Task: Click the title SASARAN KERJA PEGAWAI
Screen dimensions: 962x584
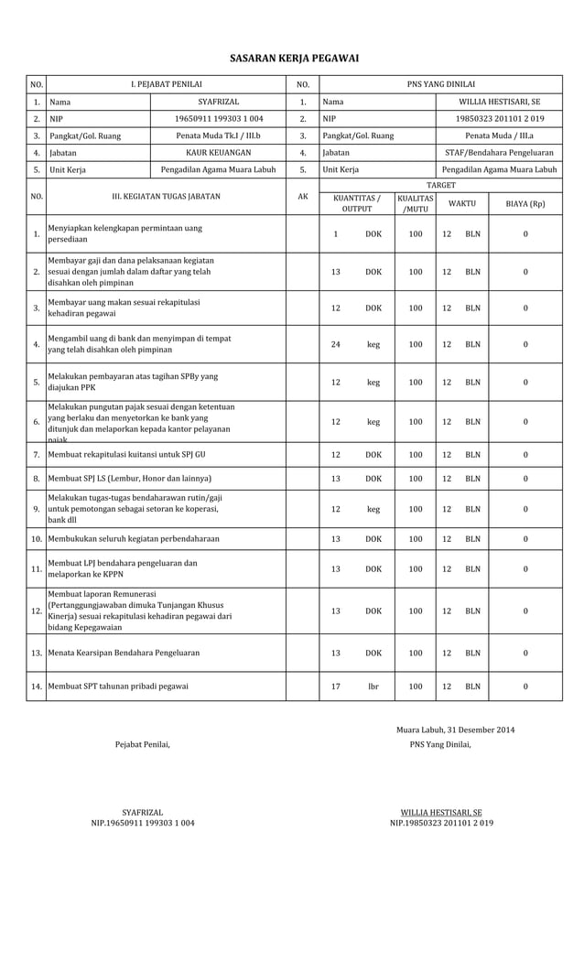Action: [x=293, y=59]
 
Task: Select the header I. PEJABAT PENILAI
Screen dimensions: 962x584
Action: [x=166, y=84]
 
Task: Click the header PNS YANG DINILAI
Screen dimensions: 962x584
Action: [x=440, y=84]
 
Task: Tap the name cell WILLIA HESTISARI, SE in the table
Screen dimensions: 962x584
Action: [x=499, y=103]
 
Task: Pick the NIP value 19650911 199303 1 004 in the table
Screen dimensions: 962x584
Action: [x=218, y=119]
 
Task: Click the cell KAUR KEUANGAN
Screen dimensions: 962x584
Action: [x=218, y=153]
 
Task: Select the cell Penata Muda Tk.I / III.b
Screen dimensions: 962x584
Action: [x=218, y=135]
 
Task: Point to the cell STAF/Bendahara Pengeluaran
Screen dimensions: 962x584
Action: [x=499, y=153]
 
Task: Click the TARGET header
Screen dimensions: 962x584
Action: [x=440, y=185]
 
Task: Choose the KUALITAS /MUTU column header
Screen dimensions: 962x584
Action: [x=416, y=203]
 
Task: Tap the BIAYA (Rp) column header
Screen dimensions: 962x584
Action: [x=525, y=203]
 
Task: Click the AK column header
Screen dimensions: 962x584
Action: [x=302, y=196]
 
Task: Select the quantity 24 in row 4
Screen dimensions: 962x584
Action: [x=336, y=345]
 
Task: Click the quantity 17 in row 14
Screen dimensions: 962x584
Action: [x=336, y=686]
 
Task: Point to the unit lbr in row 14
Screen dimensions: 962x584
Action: [x=373, y=686]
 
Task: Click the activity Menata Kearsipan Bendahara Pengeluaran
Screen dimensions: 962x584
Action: [x=124, y=653]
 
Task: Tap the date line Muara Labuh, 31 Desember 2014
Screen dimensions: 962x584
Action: [x=455, y=730]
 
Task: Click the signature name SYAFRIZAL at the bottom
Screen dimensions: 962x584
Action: [x=142, y=812]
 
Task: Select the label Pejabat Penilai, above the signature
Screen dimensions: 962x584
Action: [x=142, y=744]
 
